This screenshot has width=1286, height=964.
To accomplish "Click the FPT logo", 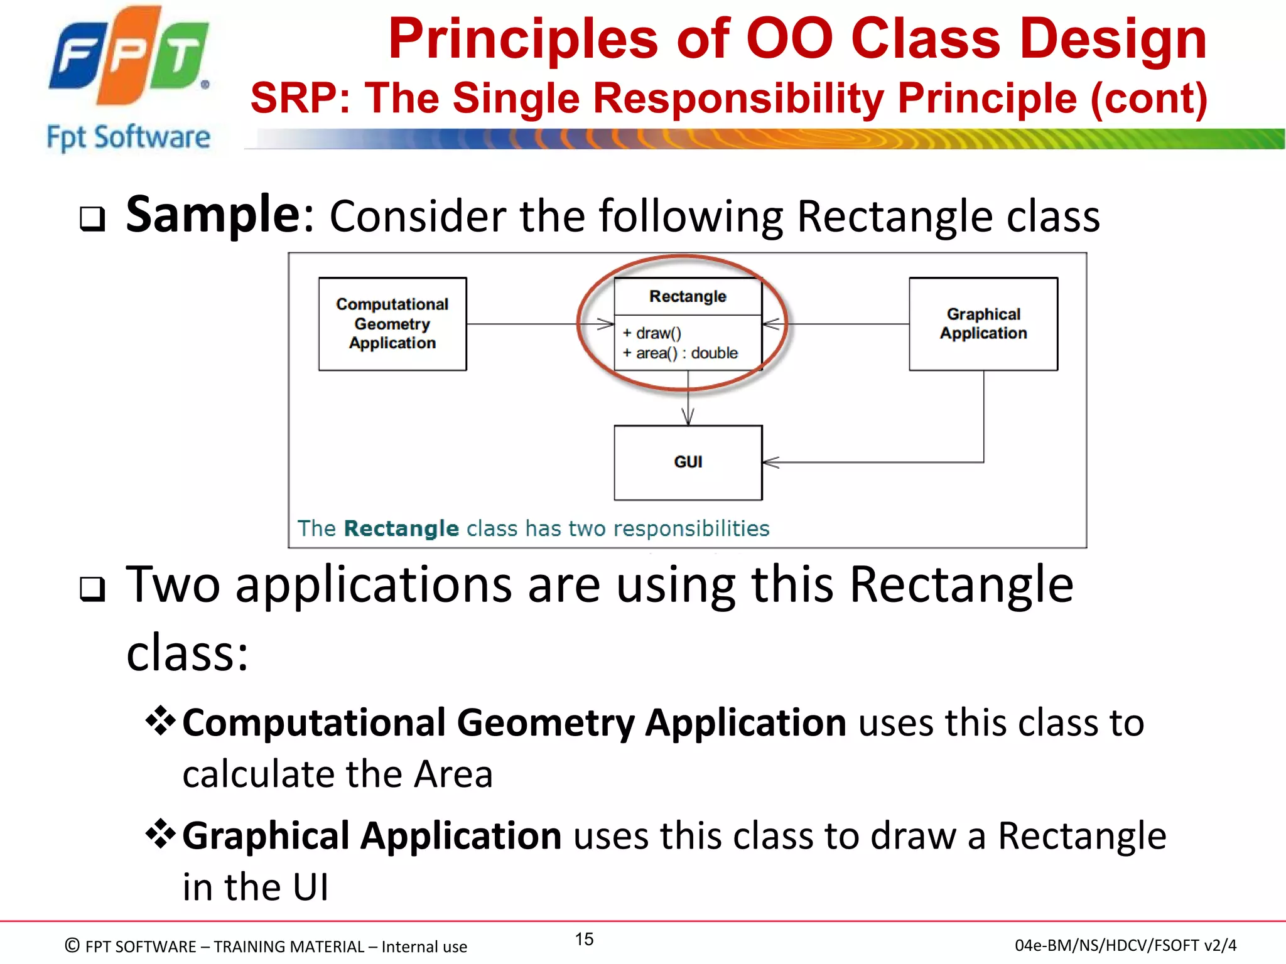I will tap(129, 56).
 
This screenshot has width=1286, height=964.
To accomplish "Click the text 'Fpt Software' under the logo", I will tap(129, 137).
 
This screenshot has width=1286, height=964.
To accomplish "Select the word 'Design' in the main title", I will tap(1113, 39).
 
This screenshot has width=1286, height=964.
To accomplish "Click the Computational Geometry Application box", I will tap(392, 324).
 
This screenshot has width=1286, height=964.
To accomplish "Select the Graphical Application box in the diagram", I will tap(983, 324).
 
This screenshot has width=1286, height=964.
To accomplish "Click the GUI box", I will tap(688, 463).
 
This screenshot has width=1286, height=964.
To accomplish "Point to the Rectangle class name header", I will tap(688, 296).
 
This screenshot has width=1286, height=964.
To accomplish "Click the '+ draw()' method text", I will tap(652, 333).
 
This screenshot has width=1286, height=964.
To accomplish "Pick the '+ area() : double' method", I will tap(680, 353).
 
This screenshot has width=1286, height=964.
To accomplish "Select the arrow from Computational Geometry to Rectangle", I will tap(534, 324).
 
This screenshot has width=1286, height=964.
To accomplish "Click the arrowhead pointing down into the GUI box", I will tap(688, 417).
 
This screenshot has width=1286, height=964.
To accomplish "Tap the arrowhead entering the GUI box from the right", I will tap(771, 463).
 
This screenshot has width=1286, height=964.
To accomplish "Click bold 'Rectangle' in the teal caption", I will tap(401, 528).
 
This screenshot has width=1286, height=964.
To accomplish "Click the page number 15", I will tap(584, 939).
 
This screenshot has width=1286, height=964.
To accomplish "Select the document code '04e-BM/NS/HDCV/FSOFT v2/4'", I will tap(1125, 945).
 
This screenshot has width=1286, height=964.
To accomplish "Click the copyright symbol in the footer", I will tap(72, 945).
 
